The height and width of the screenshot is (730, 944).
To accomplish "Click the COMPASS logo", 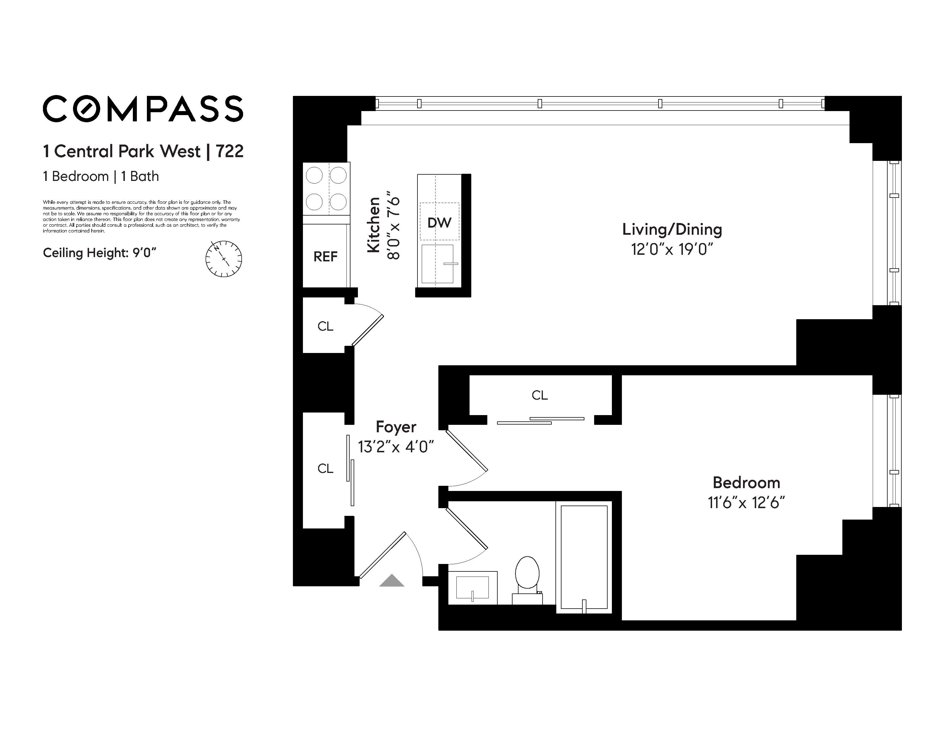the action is pos(143,108).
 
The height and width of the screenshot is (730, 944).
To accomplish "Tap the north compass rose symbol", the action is pos(223,259).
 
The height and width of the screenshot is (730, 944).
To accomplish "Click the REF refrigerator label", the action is pos(326,257).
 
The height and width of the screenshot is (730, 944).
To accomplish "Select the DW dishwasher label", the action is pos(439,223).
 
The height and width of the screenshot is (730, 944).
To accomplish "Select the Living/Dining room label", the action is pos(672,230).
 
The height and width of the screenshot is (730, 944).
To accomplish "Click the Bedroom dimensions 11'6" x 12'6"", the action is pos(746,503).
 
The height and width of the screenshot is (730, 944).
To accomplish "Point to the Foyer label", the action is pos(396,427).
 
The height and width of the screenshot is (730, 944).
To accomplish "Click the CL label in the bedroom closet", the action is pos(540,395).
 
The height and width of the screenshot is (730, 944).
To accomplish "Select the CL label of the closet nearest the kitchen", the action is pos(326,326).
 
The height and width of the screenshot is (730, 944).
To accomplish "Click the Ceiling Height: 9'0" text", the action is pos(99,253).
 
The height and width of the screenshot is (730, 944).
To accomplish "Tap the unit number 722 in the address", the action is pos(230,151).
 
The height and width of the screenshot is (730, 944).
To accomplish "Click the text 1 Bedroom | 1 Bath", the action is pos(101,176).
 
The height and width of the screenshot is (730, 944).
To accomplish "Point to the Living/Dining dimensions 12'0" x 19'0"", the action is pos(672,249).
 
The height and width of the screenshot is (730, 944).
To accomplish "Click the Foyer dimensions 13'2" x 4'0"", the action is pos(396,447).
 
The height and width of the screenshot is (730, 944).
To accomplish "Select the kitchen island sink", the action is pos(437,264).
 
